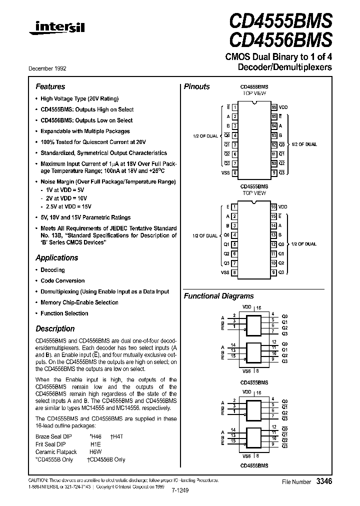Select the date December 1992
pyautogui.click(x=50, y=68)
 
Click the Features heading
pyautogui.click(x=50, y=86)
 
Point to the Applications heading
pyautogui.click(x=56, y=258)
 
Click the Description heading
pyautogui.click(x=55, y=329)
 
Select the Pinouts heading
pyautogui.click(x=197, y=86)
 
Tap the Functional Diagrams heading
pyautogui.click(x=218, y=296)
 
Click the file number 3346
pyautogui.click(x=324, y=481)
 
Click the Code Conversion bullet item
pyautogui.click(x=62, y=281)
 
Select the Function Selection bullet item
pyautogui.click(x=64, y=313)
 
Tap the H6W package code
pyautogui.click(x=96, y=452)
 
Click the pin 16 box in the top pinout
pyautogui.click(x=274, y=107)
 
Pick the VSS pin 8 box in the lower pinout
pyautogui.click(x=234, y=272)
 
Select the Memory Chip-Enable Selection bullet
pyautogui.click(x=79, y=302)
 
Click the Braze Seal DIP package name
pyautogui.click(x=54, y=436)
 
